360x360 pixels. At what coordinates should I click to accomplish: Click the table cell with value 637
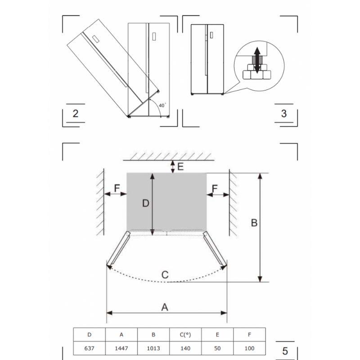coord(89,348)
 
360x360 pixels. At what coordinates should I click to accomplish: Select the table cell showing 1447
coord(121,348)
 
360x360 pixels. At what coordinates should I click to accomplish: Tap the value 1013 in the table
coord(153,348)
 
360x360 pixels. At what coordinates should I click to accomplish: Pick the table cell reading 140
coord(185,348)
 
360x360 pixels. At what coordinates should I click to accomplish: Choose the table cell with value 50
coord(217,348)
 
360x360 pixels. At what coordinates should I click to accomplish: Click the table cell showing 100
coord(250,348)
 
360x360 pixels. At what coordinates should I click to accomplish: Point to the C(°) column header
coord(185,335)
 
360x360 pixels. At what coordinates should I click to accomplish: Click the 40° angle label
coord(162,105)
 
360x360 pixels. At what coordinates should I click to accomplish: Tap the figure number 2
coord(76,114)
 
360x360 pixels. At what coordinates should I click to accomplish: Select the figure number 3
coord(284,114)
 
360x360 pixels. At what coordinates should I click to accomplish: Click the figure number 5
coord(285,351)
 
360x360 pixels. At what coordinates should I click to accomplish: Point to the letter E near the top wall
coord(181,166)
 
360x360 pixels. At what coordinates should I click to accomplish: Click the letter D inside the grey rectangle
coord(146,203)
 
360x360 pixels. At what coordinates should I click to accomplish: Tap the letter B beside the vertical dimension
coord(254,223)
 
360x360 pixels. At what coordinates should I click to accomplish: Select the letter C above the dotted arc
coord(165,274)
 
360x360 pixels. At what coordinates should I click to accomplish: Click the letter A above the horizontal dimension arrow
coord(165,307)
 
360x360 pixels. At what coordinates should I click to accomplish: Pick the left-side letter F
coord(117,188)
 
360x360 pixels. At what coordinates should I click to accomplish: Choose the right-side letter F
coord(215,189)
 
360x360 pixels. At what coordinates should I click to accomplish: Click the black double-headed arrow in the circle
coord(257,60)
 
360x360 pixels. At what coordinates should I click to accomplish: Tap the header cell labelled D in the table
coord(89,335)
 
